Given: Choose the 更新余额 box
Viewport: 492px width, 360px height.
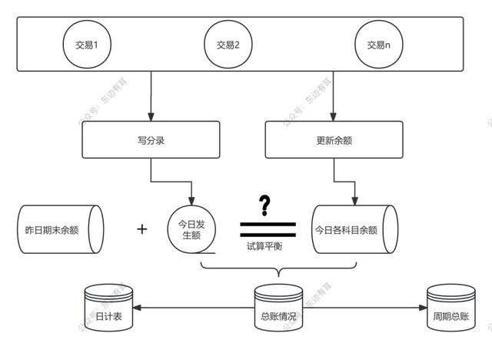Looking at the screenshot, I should coord(331,141).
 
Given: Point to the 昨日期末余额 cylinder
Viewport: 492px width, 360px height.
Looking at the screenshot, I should coord(58,230).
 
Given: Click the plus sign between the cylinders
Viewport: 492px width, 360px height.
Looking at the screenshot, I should coord(141,229).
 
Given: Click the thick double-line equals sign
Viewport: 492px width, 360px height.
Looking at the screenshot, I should coord(267,228).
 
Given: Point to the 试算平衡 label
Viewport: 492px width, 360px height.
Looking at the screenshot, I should coord(267,248).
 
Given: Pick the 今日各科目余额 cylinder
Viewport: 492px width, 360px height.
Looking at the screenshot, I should coord(354,229).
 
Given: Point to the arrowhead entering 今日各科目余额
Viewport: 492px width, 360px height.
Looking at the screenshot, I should coord(354,198).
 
